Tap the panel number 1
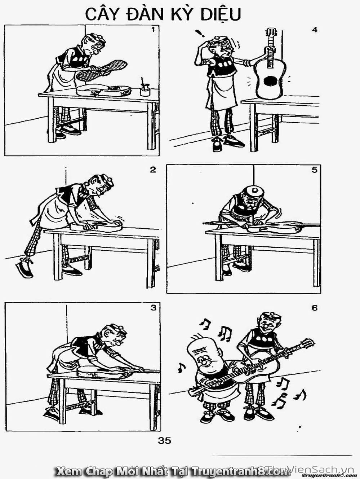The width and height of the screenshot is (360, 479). click(153, 30)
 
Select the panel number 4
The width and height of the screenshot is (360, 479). click(314, 30)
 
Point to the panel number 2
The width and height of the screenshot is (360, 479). click(153, 170)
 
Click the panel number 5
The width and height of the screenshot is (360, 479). click(314, 170)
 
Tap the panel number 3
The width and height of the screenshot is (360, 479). click(154, 308)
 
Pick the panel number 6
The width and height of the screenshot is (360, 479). click(315, 308)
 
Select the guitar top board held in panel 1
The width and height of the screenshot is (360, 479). click(102, 69)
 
